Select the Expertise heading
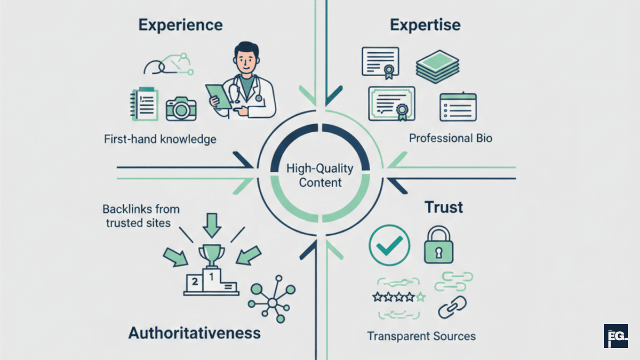425,25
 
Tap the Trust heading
443,208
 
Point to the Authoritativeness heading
195,333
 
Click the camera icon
181,108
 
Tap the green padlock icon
438,246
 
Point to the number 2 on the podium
195,282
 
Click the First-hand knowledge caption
160,140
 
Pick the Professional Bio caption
451,138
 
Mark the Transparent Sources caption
421,336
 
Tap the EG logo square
615,336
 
